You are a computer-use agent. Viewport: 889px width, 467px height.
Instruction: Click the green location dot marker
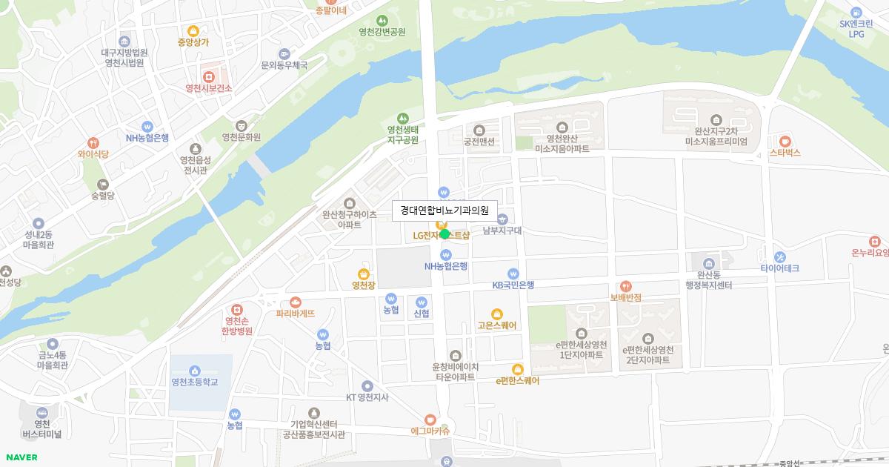click(444, 234)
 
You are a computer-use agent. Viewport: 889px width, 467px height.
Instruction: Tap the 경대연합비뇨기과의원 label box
click(444, 211)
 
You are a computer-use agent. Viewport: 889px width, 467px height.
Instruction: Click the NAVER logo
click(21, 457)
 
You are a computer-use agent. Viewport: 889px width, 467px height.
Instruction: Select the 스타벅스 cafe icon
click(785, 141)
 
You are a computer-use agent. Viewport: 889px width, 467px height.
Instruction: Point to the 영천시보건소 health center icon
click(209, 76)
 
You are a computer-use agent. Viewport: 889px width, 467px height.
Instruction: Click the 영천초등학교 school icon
click(194, 371)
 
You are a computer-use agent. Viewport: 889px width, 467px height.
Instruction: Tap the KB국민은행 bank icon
click(513, 274)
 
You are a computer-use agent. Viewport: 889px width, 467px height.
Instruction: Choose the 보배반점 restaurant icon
click(626, 286)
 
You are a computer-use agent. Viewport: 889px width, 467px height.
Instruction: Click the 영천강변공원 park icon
click(382, 21)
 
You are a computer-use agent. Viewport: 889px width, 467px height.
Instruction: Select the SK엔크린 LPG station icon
click(856, 12)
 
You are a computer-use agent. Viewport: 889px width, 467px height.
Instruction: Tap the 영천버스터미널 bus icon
click(41, 412)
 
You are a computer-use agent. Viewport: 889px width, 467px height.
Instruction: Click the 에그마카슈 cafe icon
click(430, 420)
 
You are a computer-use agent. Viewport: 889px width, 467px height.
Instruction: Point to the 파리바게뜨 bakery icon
click(296, 302)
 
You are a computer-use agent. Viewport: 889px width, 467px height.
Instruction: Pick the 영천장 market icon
click(364, 274)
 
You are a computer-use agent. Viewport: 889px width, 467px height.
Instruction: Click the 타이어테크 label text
click(780, 268)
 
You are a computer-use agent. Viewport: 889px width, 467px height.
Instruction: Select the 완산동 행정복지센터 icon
click(709, 263)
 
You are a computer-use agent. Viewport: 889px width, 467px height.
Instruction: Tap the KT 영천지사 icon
click(367, 385)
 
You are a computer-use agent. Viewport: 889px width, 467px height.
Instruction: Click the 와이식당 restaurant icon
click(93, 143)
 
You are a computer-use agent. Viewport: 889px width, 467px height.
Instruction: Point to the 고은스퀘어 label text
click(497, 325)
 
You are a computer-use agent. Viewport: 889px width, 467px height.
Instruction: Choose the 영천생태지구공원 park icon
click(403, 118)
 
